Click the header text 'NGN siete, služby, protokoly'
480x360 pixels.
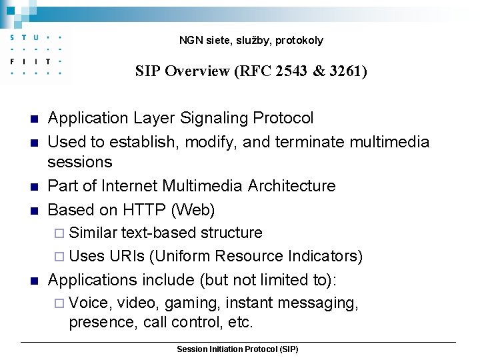[251, 41]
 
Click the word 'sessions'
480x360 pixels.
[80, 162]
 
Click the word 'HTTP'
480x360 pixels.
[145, 210]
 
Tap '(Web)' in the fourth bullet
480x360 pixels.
[193, 210]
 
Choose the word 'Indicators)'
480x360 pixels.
[325, 256]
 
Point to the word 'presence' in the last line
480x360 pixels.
[100, 323]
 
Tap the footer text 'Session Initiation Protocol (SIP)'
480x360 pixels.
[237, 349]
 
